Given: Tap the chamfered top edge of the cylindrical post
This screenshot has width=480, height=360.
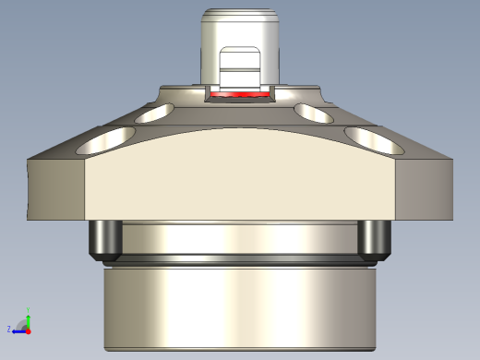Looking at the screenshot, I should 240,14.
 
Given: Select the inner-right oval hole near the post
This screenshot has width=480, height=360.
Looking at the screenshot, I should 316,113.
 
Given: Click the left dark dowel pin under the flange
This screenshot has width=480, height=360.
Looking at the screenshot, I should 104,240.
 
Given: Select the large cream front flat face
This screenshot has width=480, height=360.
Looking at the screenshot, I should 240,175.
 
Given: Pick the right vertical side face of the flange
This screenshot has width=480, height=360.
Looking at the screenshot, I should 425,189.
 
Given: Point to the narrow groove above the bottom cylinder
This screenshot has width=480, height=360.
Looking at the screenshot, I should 240,260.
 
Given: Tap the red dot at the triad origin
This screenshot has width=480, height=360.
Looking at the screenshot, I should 28,329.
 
